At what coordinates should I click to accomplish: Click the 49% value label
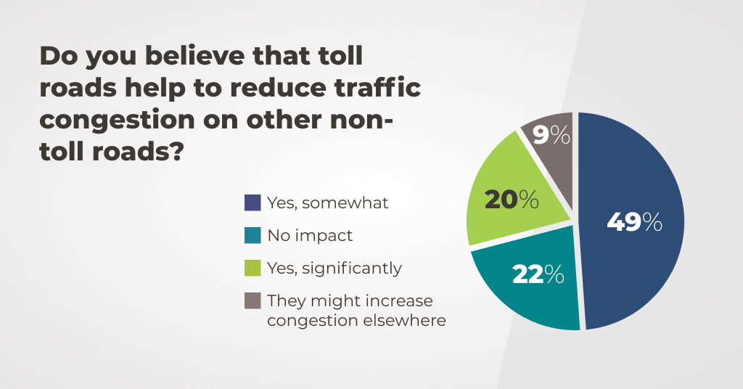tap(634, 222)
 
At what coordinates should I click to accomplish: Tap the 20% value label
tap(512, 200)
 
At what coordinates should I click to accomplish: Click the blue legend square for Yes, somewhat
tap(253, 203)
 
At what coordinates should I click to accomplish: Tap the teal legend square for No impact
tap(253, 235)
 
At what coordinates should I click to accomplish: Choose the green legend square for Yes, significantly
tap(253, 268)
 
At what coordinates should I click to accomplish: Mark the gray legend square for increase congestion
tap(253, 300)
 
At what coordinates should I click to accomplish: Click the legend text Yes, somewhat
tap(327, 203)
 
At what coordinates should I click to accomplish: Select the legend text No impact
tap(310, 235)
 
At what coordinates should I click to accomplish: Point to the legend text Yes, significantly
tap(334, 268)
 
